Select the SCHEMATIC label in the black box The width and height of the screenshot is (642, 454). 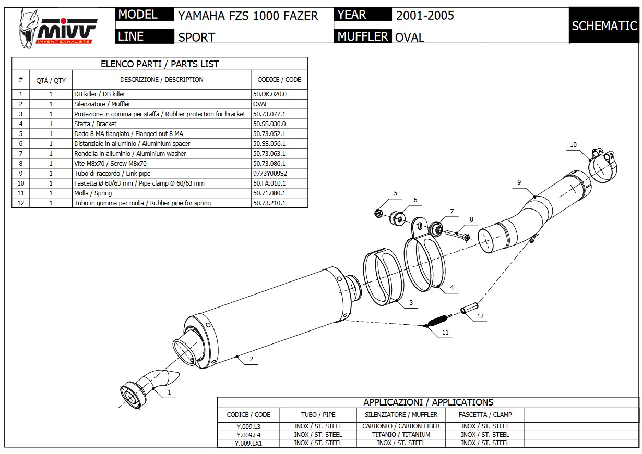[x=604, y=26]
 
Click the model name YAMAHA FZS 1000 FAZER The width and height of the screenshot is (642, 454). [x=248, y=16]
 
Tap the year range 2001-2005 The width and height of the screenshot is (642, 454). [x=425, y=15]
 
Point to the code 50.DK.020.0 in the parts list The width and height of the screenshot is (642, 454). [x=269, y=94]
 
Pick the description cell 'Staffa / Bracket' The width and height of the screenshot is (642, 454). [x=96, y=124]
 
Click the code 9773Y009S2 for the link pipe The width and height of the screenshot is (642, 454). [x=270, y=173]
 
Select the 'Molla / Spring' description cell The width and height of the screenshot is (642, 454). [x=93, y=193]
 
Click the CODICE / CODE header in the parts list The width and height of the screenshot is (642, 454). [x=279, y=80]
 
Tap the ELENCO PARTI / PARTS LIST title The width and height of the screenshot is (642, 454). [x=160, y=64]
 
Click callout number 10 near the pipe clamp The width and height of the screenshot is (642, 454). [x=573, y=145]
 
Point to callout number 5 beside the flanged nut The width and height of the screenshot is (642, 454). [x=395, y=193]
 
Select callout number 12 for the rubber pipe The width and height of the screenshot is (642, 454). [x=480, y=316]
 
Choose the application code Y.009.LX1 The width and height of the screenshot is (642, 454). [x=248, y=443]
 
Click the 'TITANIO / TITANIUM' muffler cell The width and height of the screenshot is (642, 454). [x=401, y=435]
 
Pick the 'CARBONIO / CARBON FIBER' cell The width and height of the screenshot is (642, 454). [x=401, y=426]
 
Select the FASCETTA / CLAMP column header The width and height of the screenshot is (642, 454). [x=485, y=415]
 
